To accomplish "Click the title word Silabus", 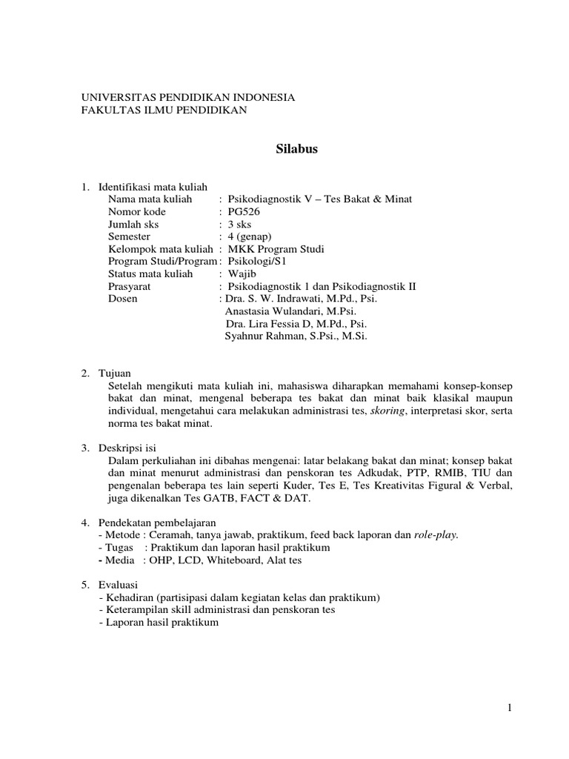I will [x=296, y=149].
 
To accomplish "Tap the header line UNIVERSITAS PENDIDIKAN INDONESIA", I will [x=187, y=97].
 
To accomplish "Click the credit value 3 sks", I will [x=242, y=224].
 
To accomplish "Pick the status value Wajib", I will [x=242, y=274].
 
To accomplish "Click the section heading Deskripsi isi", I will [x=127, y=448].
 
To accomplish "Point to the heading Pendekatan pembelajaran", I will [x=150, y=523].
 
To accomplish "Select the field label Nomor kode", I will [x=134, y=211].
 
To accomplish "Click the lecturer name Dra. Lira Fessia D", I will [x=268, y=324].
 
